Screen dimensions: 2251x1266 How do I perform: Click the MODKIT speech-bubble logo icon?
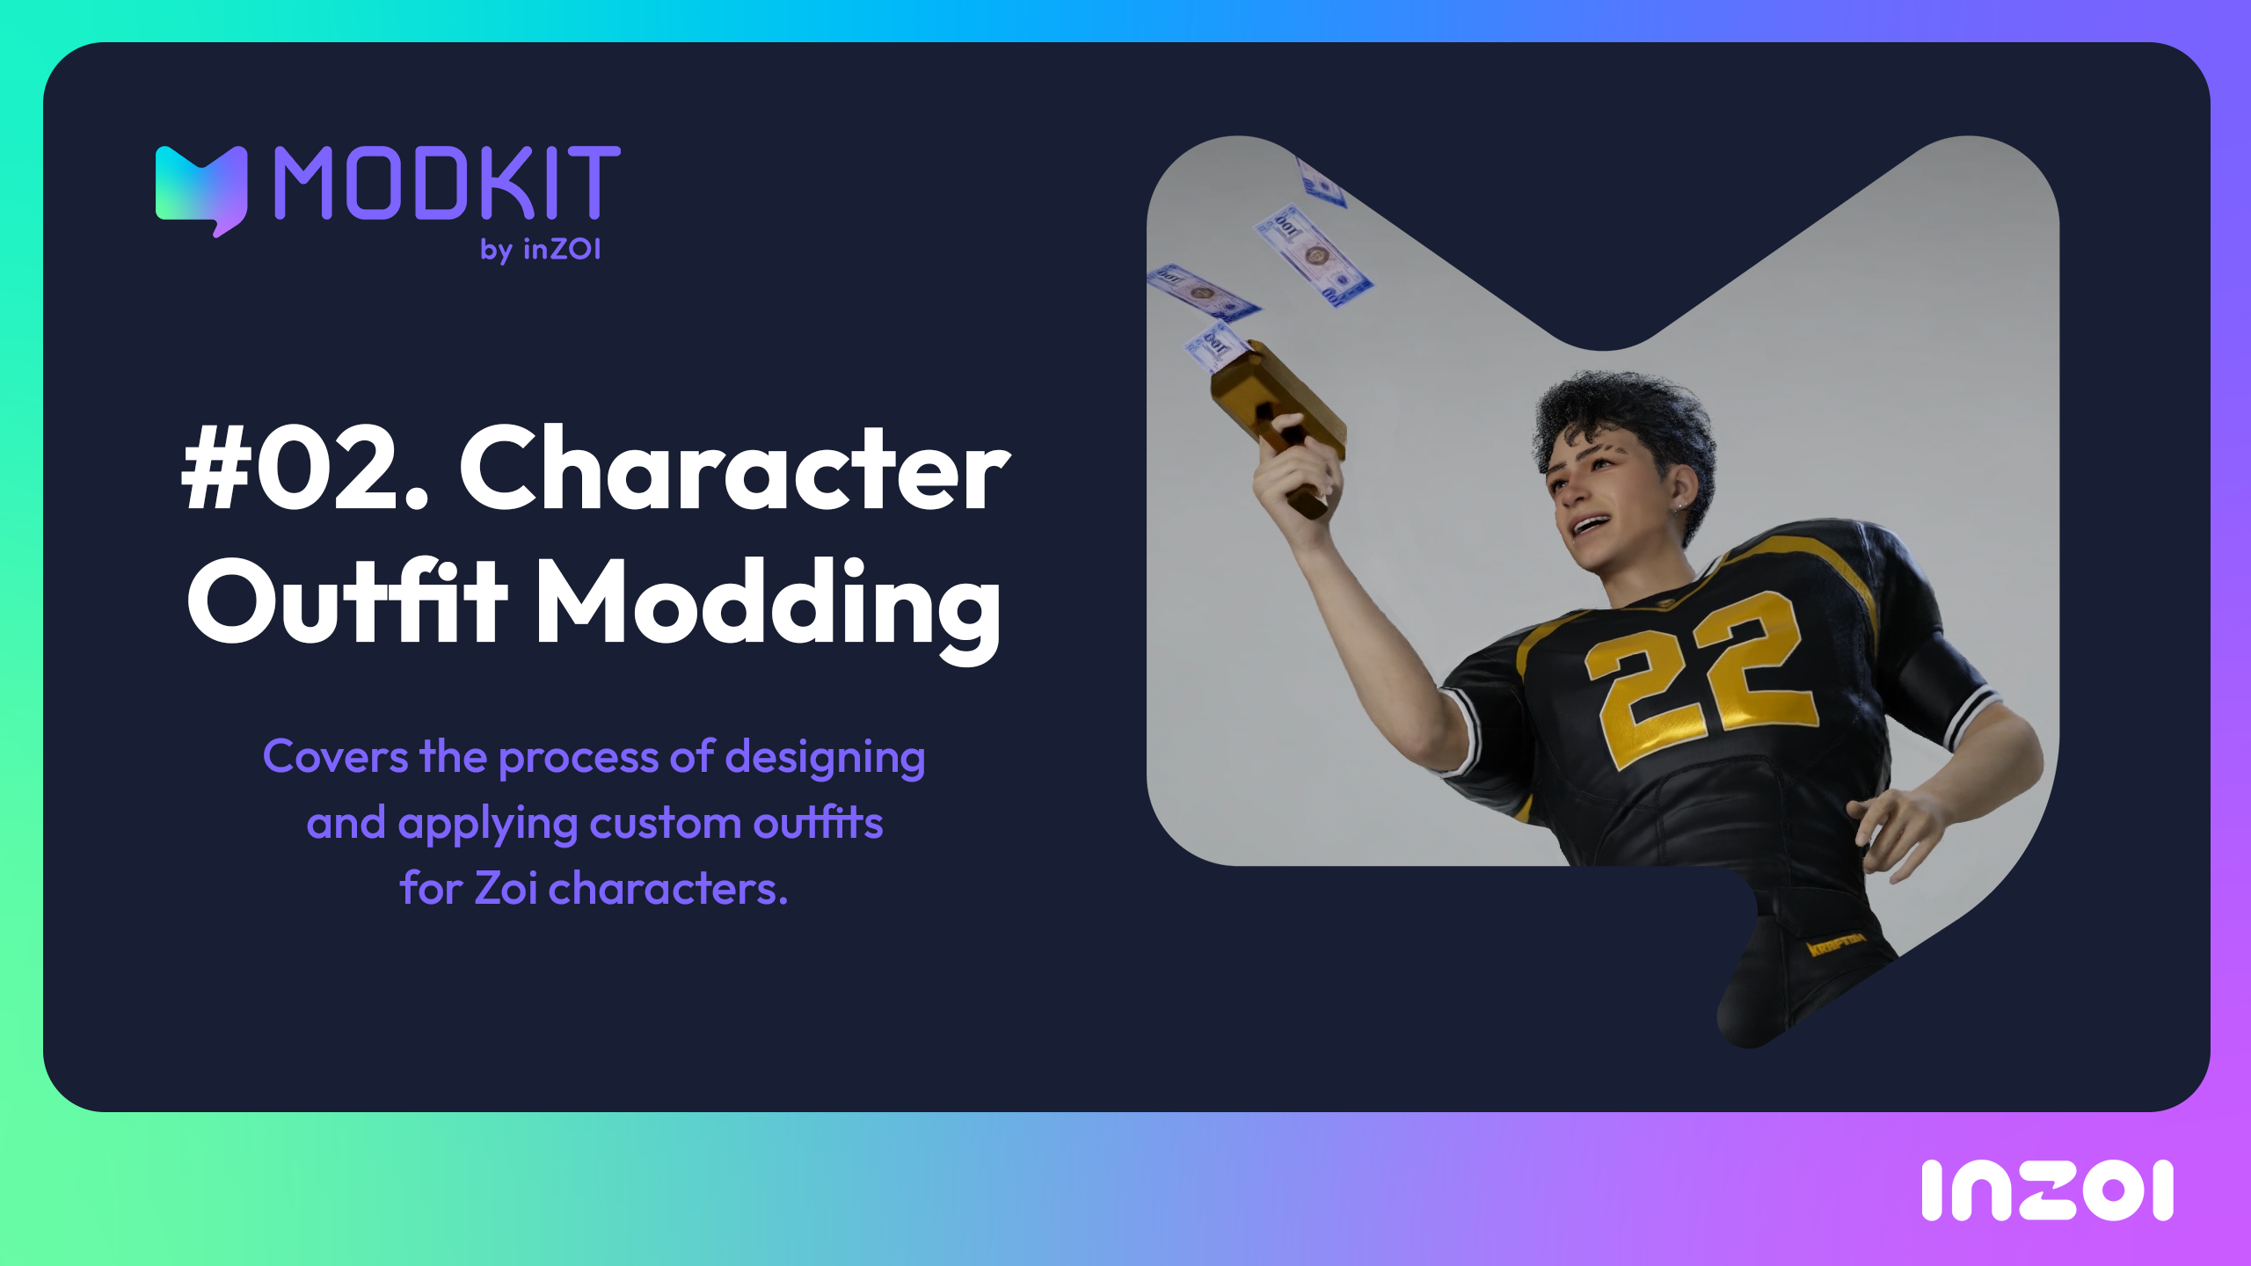pyautogui.click(x=201, y=190)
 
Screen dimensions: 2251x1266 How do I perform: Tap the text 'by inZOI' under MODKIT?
pyautogui.click(x=541, y=250)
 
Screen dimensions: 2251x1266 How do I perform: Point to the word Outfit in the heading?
pyautogui.click(x=347, y=600)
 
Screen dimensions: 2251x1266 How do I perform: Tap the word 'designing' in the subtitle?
pyautogui.click(x=825, y=758)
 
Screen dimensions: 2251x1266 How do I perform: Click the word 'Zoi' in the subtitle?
pyautogui.click(x=506, y=887)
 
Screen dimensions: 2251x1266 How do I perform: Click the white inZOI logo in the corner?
pyautogui.click(x=2047, y=1190)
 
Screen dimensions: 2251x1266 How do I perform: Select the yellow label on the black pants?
pyautogui.click(x=1836, y=945)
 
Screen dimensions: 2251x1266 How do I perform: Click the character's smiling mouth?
pyautogui.click(x=1588, y=525)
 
